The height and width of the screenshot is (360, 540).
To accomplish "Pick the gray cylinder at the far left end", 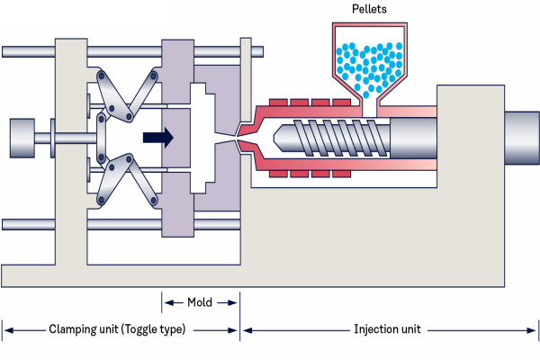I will pyautogui.click(x=26, y=138).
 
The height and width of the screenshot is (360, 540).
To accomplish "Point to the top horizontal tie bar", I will pyautogui.click(x=126, y=51).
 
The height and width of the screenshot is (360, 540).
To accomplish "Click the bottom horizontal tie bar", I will pyautogui.click(x=126, y=224).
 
